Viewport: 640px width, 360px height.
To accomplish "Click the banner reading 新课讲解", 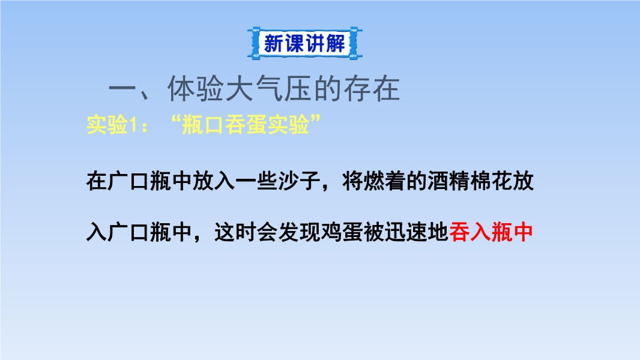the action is (x=304, y=43).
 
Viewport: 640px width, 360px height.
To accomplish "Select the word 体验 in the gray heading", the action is (x=195, y=88).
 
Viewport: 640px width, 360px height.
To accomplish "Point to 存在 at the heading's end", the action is (x=371, y=88).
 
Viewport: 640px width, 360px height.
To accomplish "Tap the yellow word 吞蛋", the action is (x=246, y=125).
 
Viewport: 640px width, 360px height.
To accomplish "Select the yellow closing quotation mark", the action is (x=315, y=120).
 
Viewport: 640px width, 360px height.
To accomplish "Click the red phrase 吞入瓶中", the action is (x=491, y=232).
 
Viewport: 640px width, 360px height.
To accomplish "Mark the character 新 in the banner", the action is (x=273, y=43).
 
